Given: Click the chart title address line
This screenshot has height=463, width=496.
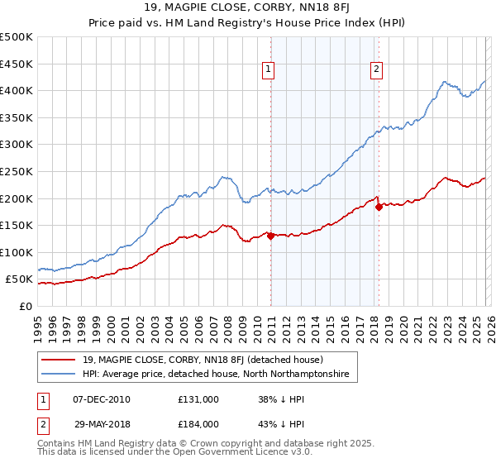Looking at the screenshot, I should coord(247,9).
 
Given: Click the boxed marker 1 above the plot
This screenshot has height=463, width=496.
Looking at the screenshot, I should coord(269,70).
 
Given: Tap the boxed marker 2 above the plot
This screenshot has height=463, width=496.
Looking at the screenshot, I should coord(376,70).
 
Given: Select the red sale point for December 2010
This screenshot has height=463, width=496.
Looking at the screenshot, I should coord(270,236).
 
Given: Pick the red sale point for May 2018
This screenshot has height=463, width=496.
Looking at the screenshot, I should coord(379,208).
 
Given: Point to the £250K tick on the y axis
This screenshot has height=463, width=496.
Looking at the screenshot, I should coord(17,171).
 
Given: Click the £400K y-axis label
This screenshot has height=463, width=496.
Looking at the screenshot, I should coord(17,90).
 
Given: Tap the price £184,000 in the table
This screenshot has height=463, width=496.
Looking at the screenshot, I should coord(198,423).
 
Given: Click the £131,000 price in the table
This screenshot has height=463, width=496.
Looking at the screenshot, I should coord(198,399).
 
